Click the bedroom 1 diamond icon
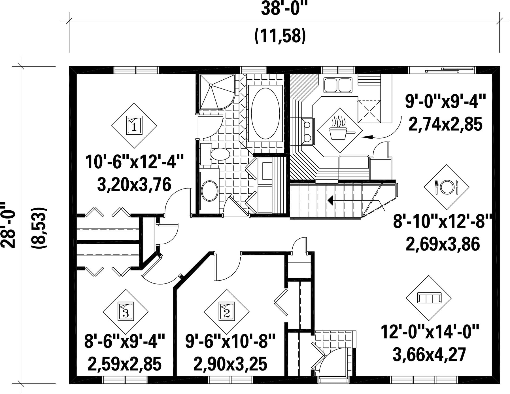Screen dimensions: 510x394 pos(134,126)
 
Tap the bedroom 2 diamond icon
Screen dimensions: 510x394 pos(226,312)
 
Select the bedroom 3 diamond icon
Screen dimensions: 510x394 pos(126,312)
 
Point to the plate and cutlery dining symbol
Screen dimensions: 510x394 pos(447,187)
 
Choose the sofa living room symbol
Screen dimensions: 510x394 pos(429,298)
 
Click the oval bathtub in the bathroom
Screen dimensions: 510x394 pos(265,113)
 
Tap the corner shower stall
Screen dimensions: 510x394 pos(217,92)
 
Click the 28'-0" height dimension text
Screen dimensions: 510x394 pos(8,225)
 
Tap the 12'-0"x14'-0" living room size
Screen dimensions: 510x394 pos(430,332)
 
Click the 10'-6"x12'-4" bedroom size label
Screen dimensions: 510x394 pos(134,162)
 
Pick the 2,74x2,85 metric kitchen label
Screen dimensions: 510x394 pos(445,124)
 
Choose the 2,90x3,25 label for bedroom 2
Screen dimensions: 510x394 pos(230,364)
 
